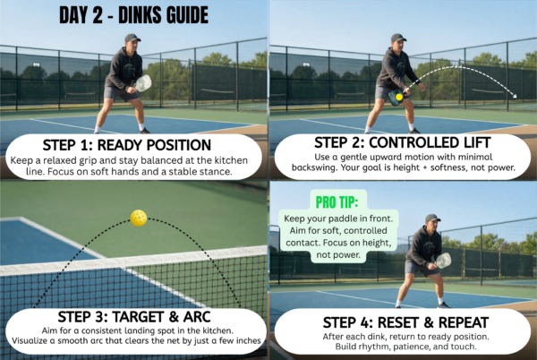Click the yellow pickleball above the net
point(139,218)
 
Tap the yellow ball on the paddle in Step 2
point(399,97)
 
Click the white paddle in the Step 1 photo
point(143,83)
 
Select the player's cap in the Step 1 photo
point(132,38)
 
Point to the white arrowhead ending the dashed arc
point(514,96)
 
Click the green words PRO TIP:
point(337,202)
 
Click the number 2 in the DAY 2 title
point(98,15)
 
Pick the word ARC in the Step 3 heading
point(197,317)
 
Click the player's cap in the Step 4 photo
point(432,219)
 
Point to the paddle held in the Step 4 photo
point(444,261)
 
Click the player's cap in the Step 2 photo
point(398,38)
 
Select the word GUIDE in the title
point(187,15)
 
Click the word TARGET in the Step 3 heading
point(139,317)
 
